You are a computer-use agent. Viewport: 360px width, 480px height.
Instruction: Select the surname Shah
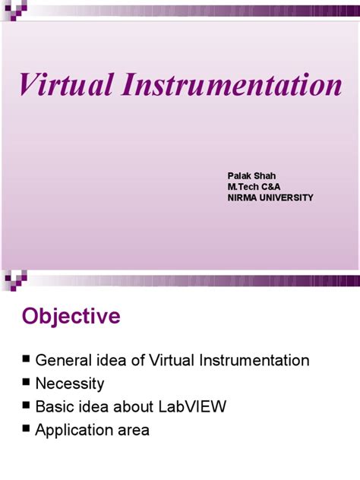coord(265,175)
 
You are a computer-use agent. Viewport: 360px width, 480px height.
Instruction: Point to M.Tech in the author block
coord(244,187)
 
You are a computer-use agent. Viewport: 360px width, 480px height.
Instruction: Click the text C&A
coord(273,187)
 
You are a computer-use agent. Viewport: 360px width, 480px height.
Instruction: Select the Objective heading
coord(71,316)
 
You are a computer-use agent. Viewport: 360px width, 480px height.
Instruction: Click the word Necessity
coord(70,384)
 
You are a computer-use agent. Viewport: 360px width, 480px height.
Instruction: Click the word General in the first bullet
coord(64,360)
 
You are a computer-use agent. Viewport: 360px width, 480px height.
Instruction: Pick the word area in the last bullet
coord(134,431)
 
